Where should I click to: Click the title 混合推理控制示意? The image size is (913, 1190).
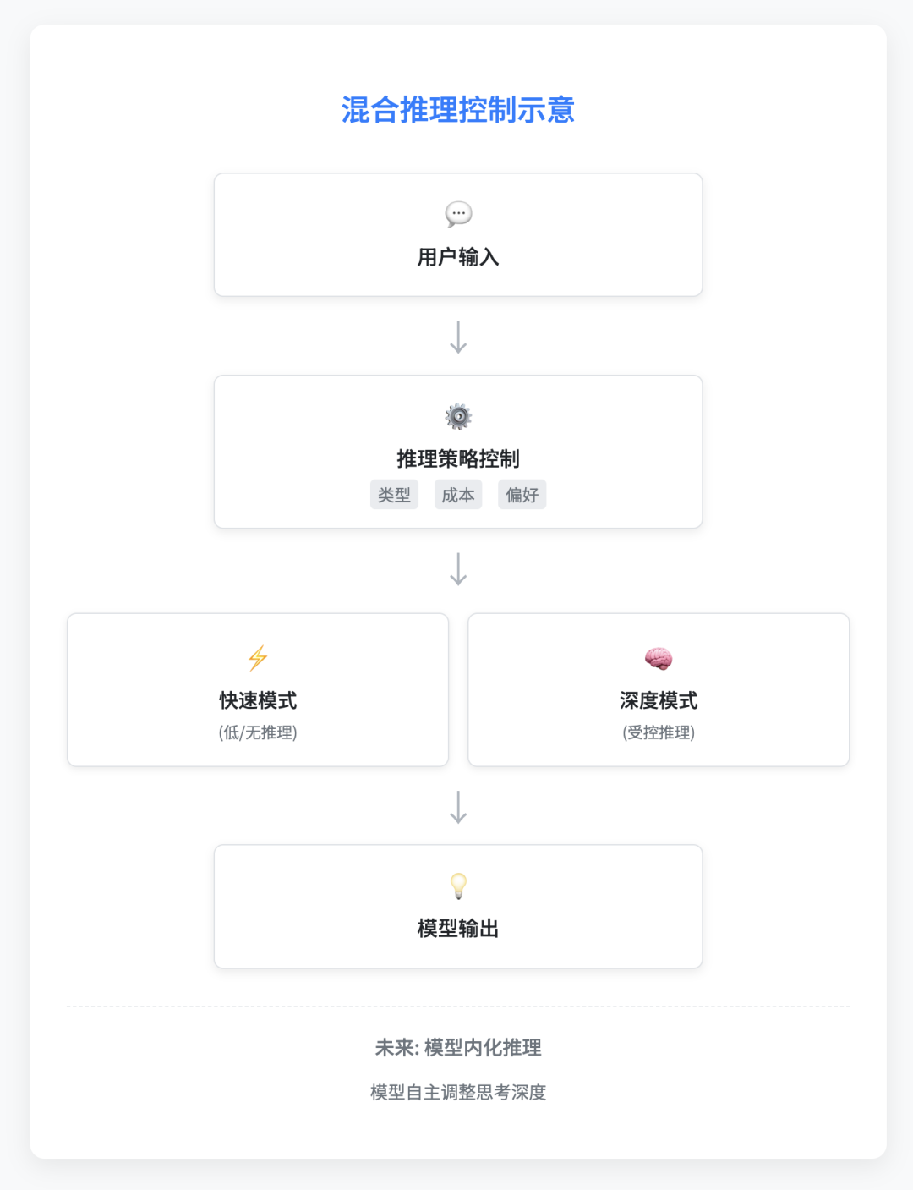pyautogui.click(x=458, y=109)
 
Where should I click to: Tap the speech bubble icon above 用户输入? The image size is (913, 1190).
pyautogui.click(x=458, y=214)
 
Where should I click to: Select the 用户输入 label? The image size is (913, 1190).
pyautogui.click(x=458, y=257)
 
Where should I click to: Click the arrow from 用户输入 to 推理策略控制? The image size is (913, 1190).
pyautogui.click(x=458, y=337)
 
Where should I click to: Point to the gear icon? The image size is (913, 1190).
pyautogui.click(x=458, y=417)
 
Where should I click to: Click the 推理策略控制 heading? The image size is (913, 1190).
pyautogui.click(x=458, y=459)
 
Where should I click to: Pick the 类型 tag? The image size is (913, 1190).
pyautogui.click(x=394, y=495)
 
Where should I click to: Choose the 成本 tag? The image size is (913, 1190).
pyautogui.click(x=458, y=495)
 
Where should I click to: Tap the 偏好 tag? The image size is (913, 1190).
pyautogui.click(x=522, y=495)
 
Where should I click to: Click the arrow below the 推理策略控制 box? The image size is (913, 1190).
pyautogui.click(x=458, y=569)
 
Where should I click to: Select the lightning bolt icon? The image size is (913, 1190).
pyautogui.click(x=258, y=658)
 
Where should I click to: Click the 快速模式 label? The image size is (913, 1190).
pyautogui.click(x=258, y=700)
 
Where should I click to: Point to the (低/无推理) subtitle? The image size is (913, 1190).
pyautogui.click(x=258, y=732)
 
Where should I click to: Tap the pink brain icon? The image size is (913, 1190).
pyautogui.click(x=659, y=658)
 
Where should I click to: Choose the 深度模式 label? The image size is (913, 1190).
pyautogui.click(x=659, y=700)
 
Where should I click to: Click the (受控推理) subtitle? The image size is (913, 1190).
pyautogui.click(x=659, y=732)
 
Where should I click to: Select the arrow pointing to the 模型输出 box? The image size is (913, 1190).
pyautogui.click(x=458, y=807)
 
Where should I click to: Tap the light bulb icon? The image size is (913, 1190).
pyautogui.click(x=458, y=886)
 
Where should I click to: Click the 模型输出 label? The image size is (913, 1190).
pyautogui.click(x=458, y=929)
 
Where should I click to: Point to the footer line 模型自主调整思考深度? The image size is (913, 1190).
pyautogui.click(x=458, y=1093)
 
